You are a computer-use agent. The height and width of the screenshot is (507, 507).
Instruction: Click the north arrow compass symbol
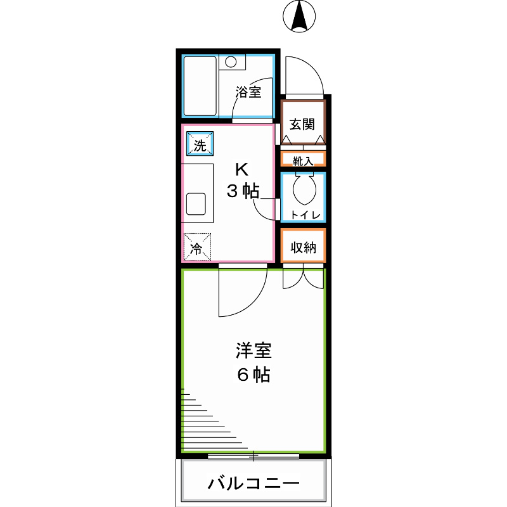click(300, 16)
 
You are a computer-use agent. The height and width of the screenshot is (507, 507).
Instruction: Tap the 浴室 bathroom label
click(248, 92)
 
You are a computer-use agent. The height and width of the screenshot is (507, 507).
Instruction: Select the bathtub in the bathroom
click(200, 86)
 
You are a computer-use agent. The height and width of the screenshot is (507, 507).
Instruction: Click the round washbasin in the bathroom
click(232, 62)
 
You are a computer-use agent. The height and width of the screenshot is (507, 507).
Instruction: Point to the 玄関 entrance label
click(303, 124)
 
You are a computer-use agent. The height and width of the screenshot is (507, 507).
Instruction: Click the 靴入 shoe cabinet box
click(303, 160)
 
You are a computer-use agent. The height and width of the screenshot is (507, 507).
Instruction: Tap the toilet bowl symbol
click(304, 187)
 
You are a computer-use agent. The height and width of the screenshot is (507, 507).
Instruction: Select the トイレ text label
click(304, 214)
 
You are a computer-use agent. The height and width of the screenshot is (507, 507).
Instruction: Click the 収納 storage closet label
click(303, 247)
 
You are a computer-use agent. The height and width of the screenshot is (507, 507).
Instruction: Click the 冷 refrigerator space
click(197, 248)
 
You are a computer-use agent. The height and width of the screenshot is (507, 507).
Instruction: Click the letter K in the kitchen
click(241, 169)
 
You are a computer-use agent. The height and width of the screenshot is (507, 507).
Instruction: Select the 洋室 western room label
click(254, 350)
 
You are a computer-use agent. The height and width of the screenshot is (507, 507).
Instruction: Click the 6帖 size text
click(253, 375)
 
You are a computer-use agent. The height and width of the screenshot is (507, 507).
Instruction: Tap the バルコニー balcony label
click(253, 484)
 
